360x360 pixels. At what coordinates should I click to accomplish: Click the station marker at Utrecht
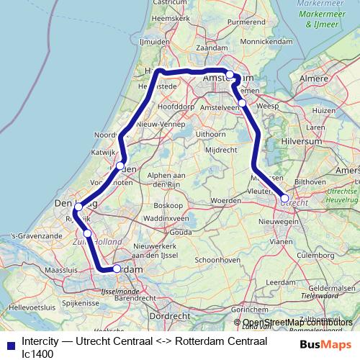pyautogui.click(x=284, y=198)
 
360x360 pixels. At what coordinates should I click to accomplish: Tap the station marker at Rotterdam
pyautogui.click(x=117, y=269)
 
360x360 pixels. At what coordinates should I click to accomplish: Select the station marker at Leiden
pyautogui.click(x=120, y=166)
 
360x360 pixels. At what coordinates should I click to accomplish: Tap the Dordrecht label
pyautogui.click(x=171, y=315)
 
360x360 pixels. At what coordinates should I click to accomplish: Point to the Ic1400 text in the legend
pyautogui.click(x=37, y=354)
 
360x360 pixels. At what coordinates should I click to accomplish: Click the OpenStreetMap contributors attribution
pyautogui.click(x=297, y=323)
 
